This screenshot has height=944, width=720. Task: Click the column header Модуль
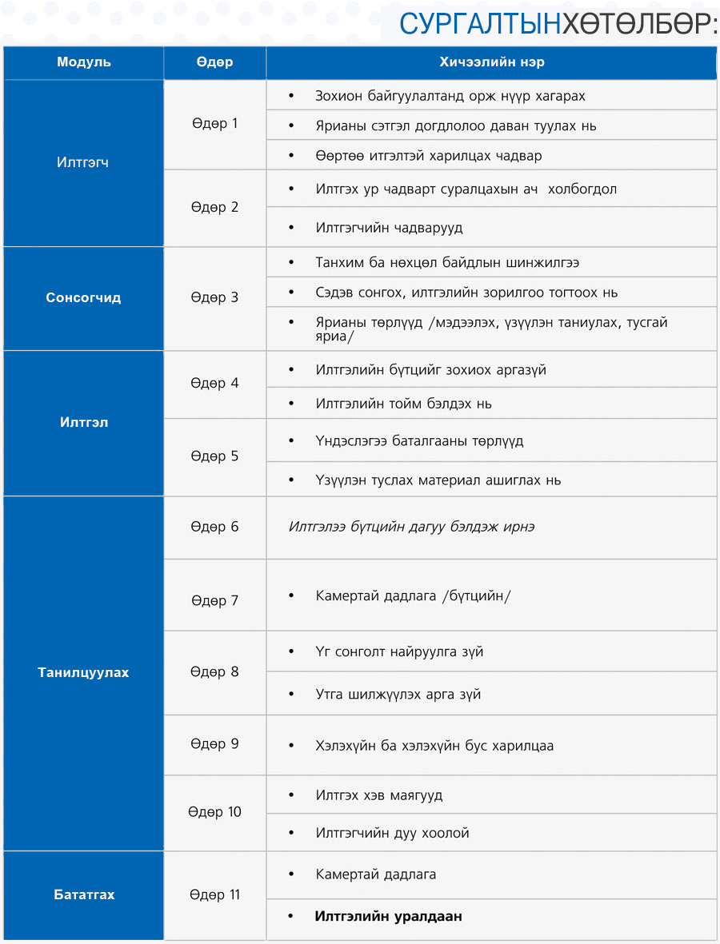point(83,62)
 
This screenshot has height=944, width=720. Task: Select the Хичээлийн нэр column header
point(491,62)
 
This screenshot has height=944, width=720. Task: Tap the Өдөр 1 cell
point(214,124)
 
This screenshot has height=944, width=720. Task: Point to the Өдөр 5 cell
point(214,456)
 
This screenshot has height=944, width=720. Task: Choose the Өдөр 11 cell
point(214,894)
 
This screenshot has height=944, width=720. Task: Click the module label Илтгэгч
point(83,162)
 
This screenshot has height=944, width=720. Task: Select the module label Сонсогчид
point(83,297)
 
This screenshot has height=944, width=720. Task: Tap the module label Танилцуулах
point(83,672)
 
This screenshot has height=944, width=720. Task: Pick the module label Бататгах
point(83,894)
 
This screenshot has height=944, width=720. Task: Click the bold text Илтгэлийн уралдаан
point(388,916)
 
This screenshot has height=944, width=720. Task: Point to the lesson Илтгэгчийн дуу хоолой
point(392,833)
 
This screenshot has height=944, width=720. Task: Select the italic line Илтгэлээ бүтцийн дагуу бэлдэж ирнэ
point(411,527)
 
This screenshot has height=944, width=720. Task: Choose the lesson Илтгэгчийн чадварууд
point(389,228)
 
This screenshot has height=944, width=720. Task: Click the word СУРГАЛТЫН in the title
point(479,24)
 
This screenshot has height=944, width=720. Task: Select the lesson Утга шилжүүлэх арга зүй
point(398,694)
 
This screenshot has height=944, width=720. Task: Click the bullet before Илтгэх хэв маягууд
point(293,795)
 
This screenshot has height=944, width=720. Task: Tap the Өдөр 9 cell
point(214,744)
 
